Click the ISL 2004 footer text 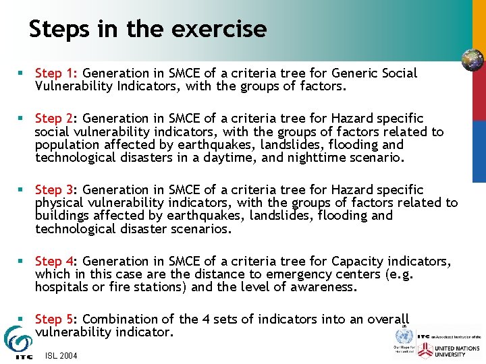point(61,355)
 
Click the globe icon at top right point(472,60)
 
